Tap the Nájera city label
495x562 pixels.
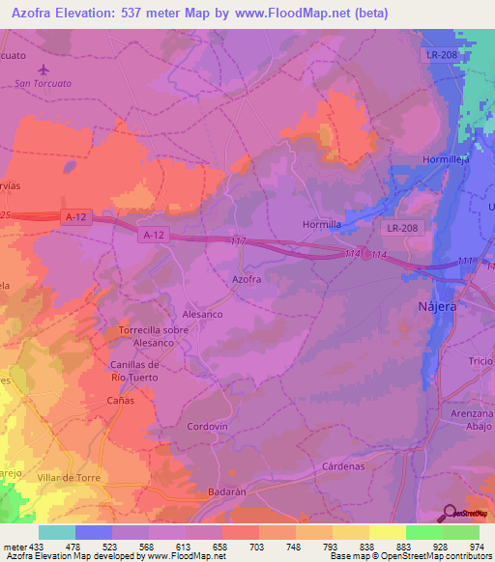click(462, 304)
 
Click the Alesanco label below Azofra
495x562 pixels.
click(204, 314)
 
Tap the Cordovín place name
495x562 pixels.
click(207, 426)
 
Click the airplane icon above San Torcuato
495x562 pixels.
click(44, 69)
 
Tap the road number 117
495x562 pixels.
click(240, 241)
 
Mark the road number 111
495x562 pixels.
click(466, 262)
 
